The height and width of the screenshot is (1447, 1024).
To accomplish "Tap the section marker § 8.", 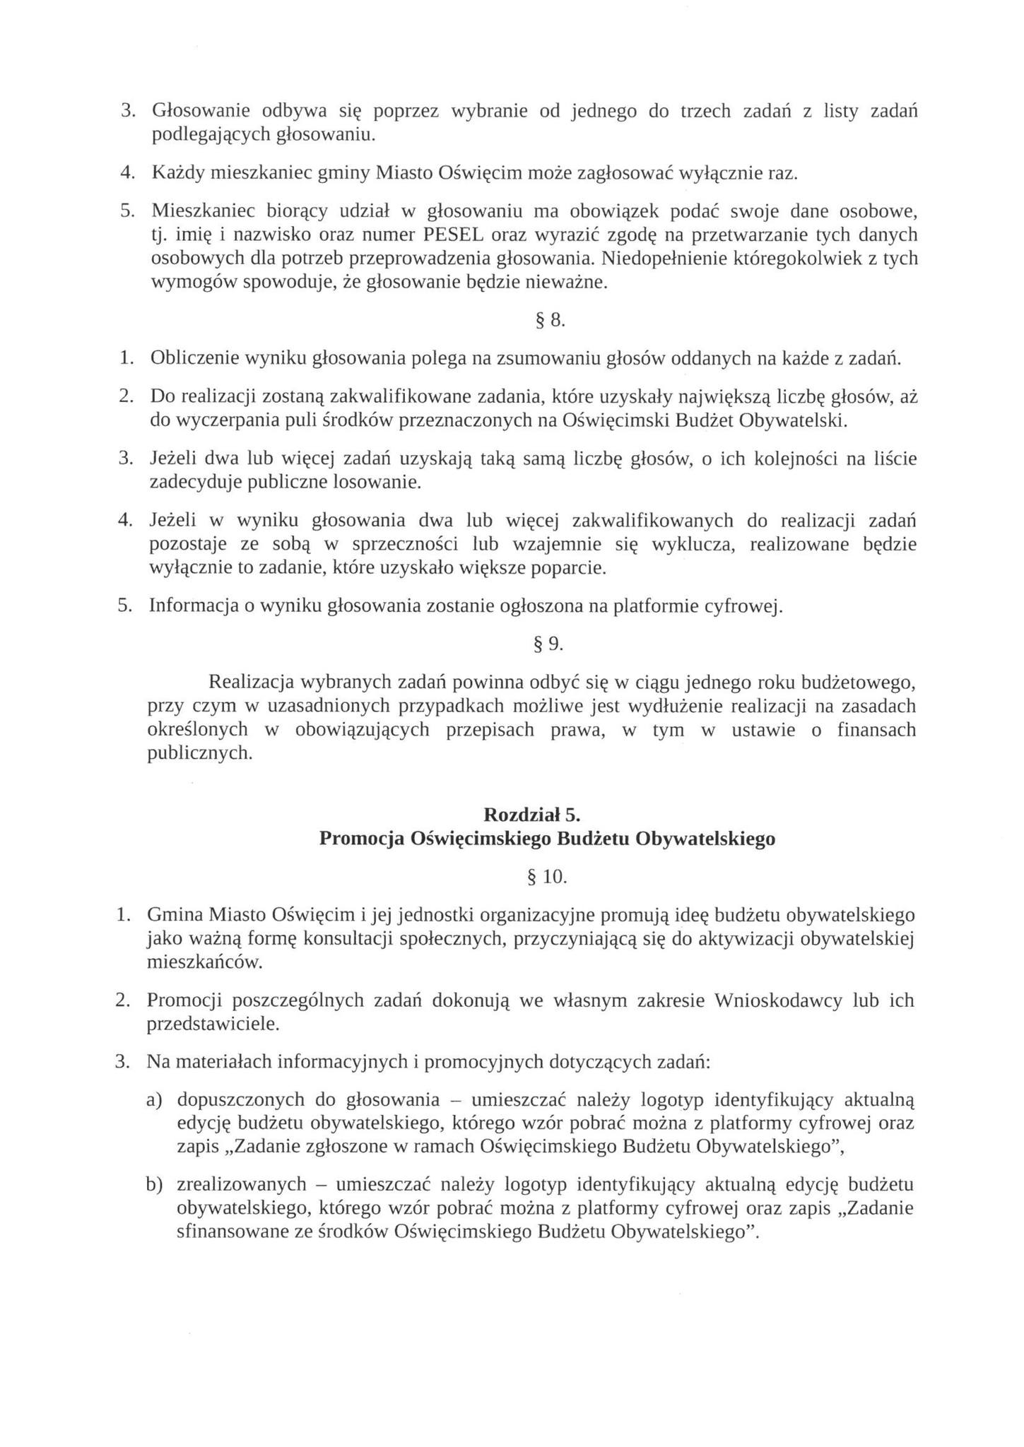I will click(548, 321).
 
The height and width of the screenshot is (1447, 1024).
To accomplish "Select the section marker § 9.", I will click(548, 644).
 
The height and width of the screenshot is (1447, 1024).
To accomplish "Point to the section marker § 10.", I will click(548, 877).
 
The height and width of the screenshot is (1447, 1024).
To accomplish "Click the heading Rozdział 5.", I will click(531, 815).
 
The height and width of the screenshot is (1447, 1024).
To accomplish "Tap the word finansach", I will click(876, 730).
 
